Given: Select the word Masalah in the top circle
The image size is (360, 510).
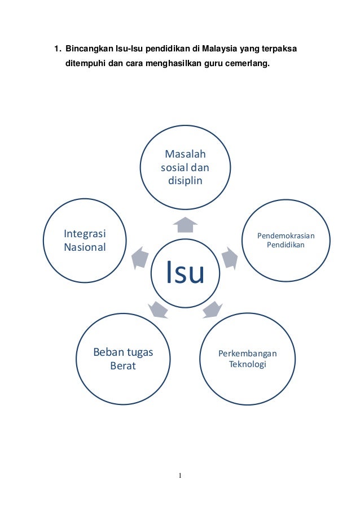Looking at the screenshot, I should pos(185,155).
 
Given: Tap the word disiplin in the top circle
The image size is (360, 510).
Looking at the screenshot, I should pos(185,181).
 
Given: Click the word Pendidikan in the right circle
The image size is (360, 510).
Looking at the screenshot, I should pos(286,245).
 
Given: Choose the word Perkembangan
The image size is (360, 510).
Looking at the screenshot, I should pos(248,354).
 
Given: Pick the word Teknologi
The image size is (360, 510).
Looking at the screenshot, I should pos(248,364).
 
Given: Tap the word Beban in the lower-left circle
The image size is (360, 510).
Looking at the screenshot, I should pos(108,353).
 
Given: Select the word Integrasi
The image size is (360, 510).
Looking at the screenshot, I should pos(86,234).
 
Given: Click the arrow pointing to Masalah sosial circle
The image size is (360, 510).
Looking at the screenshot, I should pos(185,225).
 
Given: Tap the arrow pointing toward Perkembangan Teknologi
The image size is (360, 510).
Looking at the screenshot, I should pos(211,310).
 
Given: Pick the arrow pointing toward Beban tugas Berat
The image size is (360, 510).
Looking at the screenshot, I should pos(158,310).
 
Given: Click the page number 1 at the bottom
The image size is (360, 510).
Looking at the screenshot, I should pos(180,476).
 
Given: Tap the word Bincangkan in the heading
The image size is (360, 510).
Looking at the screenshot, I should pos(86,49).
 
